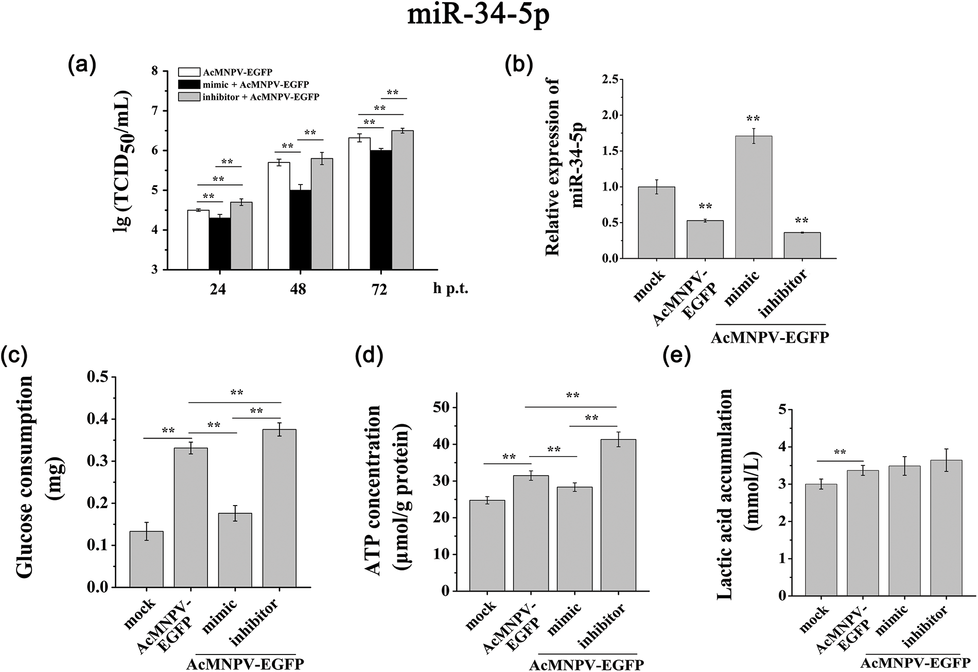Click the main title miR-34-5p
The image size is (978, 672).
[x=479, y=15]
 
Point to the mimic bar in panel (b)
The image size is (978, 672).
[x=754, y=197]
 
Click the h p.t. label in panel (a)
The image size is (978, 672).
[x=449, y=289]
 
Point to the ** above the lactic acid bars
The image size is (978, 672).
[x=840, y=453]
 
